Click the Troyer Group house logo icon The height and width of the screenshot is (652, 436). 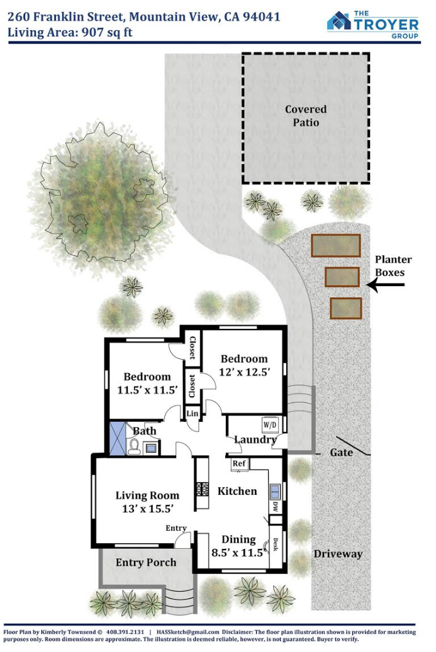coord(338,21)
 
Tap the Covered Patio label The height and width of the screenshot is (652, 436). coord(306,116)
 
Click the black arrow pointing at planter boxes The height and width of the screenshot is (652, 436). coord(385,285)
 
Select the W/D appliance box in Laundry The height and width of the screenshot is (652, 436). coord(269,425)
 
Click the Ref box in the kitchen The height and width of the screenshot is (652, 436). coord(239,463)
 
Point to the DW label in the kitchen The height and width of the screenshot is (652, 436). coord(275,507)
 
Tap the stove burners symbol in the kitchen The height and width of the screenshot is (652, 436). coord(203,488)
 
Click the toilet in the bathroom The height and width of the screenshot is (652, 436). coord(134,446)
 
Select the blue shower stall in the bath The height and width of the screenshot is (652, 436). coord(117,439)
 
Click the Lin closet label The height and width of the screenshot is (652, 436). coord(193,413)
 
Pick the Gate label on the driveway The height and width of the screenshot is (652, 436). coord(341,452)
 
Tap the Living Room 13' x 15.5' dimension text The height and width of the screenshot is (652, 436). coord(148,509)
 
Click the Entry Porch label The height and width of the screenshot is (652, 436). coord(146,563)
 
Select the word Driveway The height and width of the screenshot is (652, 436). coord(338,554)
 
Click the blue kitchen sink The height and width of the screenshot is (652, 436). coord(275,492)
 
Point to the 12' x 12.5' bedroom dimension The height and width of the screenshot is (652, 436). coord(245,372)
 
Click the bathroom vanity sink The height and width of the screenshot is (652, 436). coord(150,448)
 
